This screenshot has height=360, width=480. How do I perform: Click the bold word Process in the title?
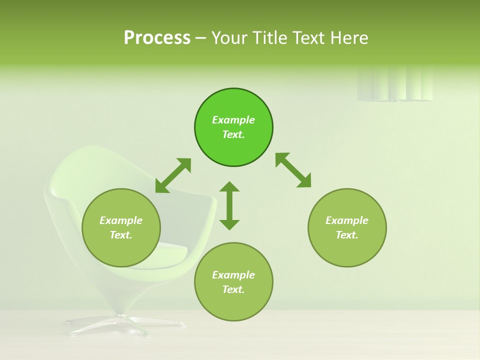click(157, 38)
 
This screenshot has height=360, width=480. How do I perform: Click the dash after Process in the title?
click(200, 38)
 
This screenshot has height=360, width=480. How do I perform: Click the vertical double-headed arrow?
click(229, 205)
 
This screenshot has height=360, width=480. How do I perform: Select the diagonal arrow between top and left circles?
click(173, 175)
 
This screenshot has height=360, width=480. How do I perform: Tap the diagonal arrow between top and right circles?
click(293, 170)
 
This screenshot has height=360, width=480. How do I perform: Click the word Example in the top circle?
click(233, 120)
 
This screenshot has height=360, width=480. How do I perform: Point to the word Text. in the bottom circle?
click(233, 289)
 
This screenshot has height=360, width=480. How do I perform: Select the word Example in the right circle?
click(347, 220)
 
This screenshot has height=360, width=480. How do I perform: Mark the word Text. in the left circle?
click(121, 235)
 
